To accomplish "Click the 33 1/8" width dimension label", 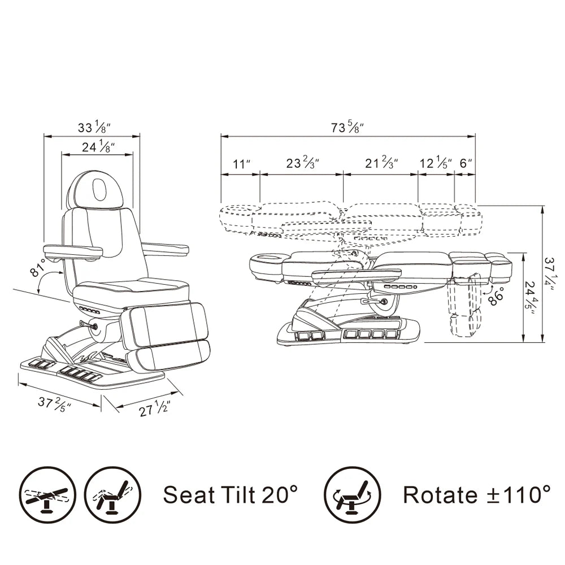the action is click(x=94, y=127).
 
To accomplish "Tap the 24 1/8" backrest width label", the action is click(x=98, y=147).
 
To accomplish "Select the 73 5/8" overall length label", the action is click(x=347, y=127).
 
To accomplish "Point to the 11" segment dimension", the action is click(x=241, y=164).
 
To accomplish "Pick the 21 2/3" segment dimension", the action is click(x=381, y=163).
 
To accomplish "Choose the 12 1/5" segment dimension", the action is click(x=435, y=163).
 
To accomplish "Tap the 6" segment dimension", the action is click(x=466, y=163).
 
